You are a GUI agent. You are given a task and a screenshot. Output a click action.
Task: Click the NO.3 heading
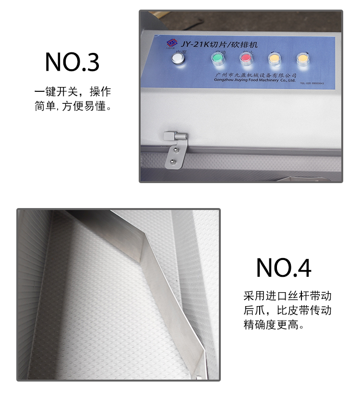tap(72, 62)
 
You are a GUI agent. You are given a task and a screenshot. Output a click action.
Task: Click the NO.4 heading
tap(284, 268)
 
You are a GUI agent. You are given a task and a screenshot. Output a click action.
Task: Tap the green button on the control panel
tap(217, 59)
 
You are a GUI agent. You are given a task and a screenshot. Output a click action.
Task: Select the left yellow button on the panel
tap(274, 59)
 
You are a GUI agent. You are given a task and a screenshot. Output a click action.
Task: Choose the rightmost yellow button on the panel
tap(302, 59)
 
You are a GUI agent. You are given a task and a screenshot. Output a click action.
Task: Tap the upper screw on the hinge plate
tap(176, 149)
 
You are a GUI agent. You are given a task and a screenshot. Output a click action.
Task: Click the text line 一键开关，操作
tap(72, 92)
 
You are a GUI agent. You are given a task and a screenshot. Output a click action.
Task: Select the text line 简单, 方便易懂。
tap(73, 106)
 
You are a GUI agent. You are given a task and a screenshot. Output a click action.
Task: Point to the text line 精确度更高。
tap(274, 325)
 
